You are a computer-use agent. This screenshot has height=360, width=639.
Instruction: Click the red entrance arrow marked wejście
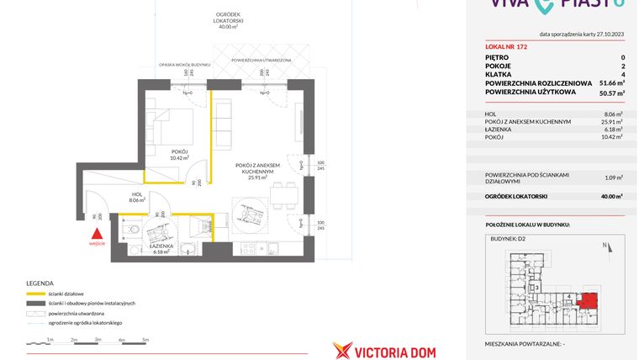98,235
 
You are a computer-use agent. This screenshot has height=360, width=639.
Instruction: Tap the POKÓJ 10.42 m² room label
179,155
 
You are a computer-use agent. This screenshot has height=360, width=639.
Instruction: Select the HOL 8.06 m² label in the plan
137,198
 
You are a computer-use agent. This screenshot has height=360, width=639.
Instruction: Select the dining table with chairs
283,199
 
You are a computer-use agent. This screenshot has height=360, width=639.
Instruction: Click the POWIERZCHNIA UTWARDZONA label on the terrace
261,61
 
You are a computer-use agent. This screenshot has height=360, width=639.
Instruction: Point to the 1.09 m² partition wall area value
614,177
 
